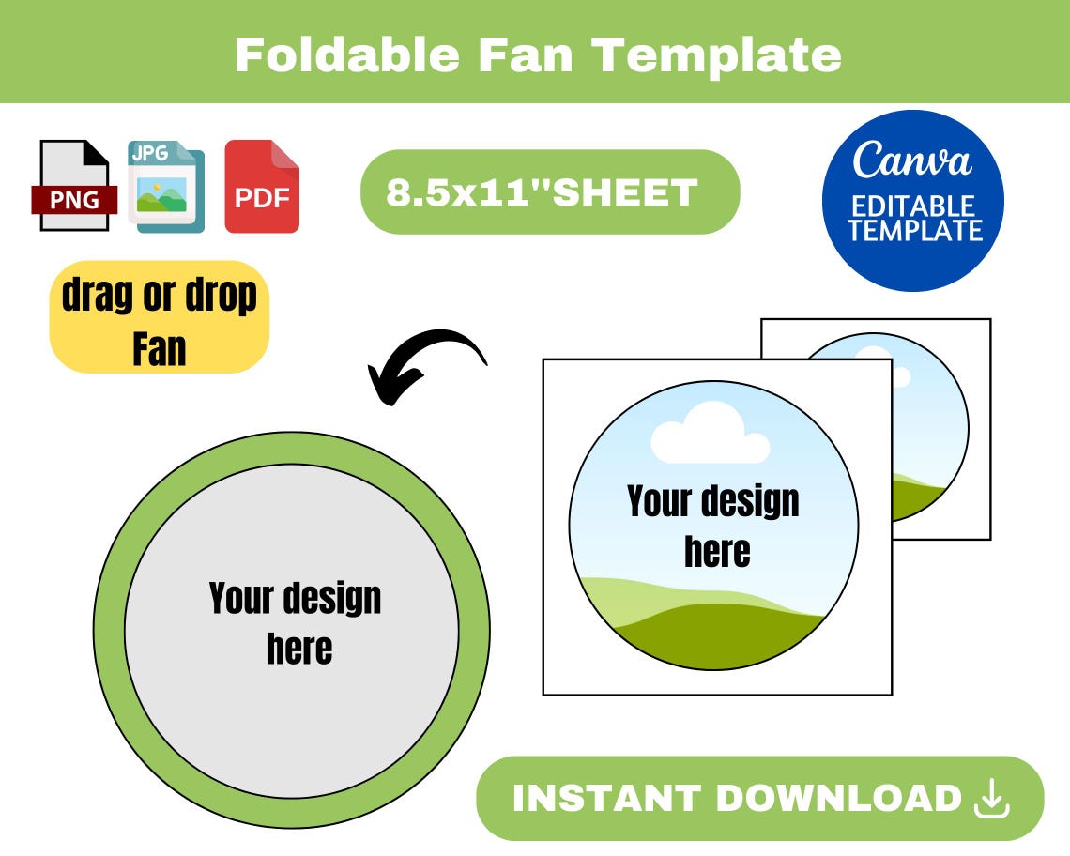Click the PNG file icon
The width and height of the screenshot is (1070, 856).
[x=73, y=186]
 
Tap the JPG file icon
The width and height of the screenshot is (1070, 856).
[x=165, y=186]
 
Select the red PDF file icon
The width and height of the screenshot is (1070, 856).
[x=262, y=186]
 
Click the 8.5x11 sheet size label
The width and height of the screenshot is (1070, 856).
[x=543, y=192]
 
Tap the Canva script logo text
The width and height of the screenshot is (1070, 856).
[x=911, y=160]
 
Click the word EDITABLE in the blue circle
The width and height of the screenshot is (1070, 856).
[x=912, y=206]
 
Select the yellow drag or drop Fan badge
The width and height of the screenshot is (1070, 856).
[x=159, y=317]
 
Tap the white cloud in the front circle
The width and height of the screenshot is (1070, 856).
[x=711, y=434]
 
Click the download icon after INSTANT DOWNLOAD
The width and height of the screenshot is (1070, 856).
[x=992, y=799]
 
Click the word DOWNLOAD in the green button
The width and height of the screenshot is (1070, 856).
[x=839, y=799]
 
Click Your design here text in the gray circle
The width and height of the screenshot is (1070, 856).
[x=296, y=622]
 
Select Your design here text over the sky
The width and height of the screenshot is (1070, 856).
[x=713, y=526]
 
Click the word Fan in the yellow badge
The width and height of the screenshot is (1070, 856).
[x=159, y=348]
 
